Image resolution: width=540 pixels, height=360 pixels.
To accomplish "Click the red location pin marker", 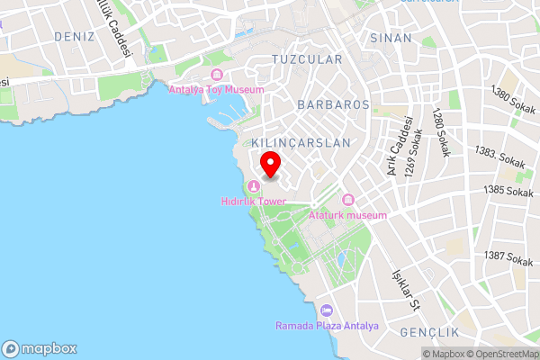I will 271,164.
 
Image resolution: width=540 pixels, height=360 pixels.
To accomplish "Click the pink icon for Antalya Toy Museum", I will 216,74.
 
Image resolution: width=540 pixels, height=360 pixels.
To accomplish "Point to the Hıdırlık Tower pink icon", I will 254,186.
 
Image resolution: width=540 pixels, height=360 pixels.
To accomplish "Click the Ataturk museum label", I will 347,215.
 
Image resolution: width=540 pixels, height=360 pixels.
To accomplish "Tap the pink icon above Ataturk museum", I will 348,200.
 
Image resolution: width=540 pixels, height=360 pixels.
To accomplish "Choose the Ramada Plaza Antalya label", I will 327,325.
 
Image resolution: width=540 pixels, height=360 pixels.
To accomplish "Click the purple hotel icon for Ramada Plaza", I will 326,310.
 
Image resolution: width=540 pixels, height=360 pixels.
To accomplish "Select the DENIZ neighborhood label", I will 74,36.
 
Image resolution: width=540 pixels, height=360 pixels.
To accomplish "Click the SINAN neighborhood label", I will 391,38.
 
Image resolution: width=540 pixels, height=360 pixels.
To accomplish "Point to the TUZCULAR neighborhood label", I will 307,59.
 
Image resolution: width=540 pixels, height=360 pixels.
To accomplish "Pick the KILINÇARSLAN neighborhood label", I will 301,143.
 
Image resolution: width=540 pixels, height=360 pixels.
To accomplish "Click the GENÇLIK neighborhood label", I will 428,332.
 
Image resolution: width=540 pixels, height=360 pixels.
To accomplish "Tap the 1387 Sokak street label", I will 508,257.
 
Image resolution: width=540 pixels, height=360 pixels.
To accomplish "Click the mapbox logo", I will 40,348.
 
